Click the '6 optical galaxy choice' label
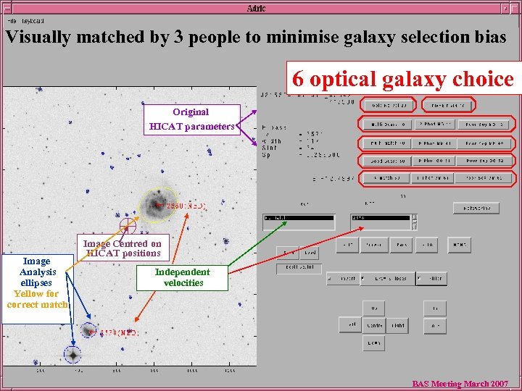[x=402, y=79]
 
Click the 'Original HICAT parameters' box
[x=191, y=119]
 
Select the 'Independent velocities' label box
[x=183, y=277]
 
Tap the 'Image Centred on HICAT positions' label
[x=122, y=248]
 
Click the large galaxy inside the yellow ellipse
[x=156, y=203]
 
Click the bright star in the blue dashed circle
[x=72, y=355]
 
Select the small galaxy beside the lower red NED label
[x=88, y=331]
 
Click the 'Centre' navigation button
[x=374, y=325]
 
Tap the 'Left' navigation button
[x=351, y=325]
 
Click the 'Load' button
[x=310, y=253]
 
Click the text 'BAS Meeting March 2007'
[x=460, y=384]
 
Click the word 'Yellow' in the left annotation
[x=27, y=294]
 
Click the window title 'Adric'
[x=256, y=8]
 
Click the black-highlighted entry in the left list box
[x=298, y=217]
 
